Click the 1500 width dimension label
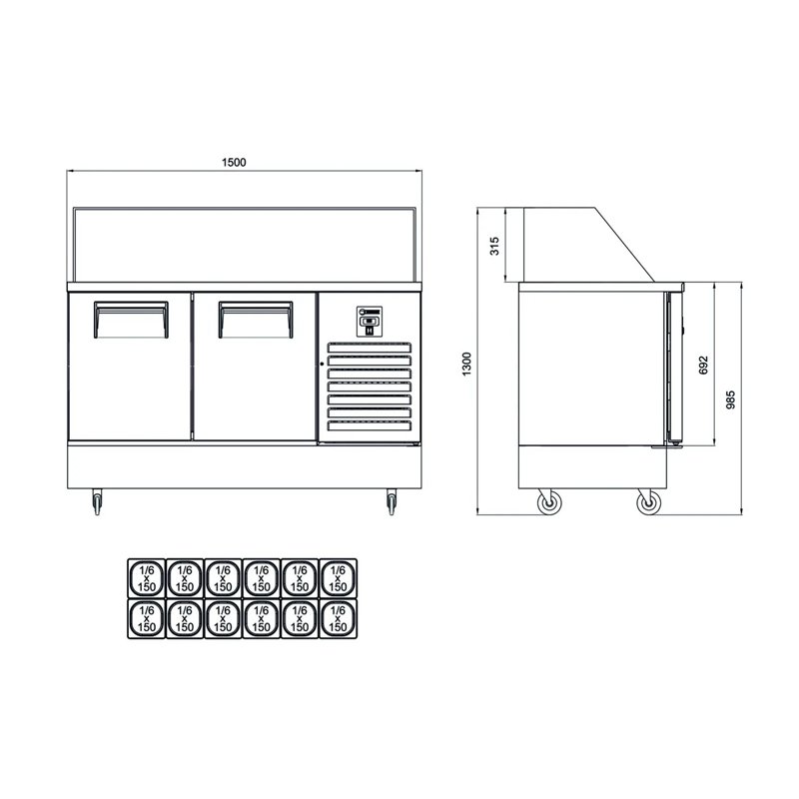234,162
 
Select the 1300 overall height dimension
465,364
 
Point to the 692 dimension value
704,366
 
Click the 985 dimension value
731,399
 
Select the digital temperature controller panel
369,321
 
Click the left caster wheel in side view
548,503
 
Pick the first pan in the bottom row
146,618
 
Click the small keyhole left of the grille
322,348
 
